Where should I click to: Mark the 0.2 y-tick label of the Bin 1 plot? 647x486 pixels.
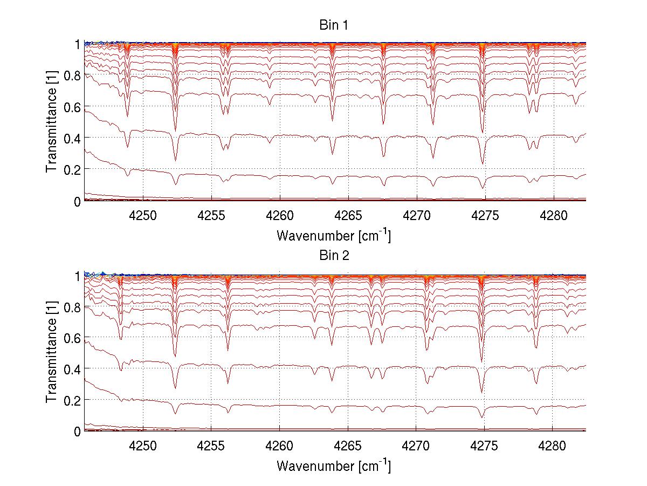[x=72, y=169]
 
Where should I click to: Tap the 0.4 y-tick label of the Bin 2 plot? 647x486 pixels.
[x=72, y=369]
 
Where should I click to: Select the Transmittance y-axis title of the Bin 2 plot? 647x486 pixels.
[x=51, y=353]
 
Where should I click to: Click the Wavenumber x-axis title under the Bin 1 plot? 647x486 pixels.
[x=334, y=235]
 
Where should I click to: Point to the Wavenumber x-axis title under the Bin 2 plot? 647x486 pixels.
[x=334, y=466]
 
